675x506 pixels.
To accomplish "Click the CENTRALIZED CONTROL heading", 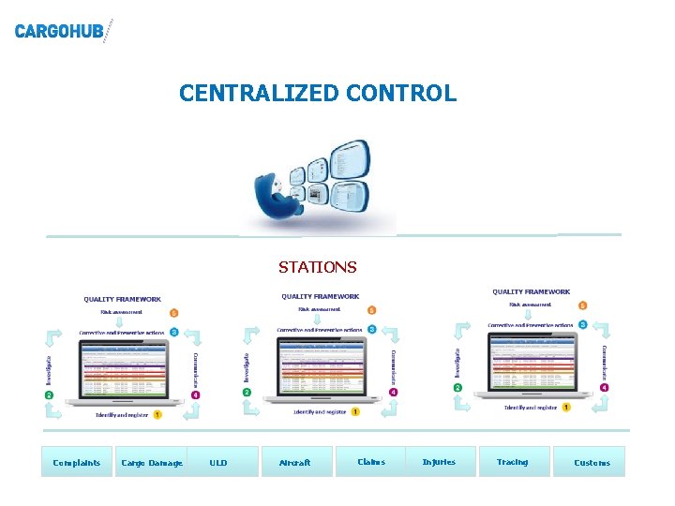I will pos(318,94).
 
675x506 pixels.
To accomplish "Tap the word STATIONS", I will pos(317,267).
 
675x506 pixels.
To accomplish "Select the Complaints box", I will pos(77,462).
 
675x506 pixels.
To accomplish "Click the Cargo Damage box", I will pos(152,462).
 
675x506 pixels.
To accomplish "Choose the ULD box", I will pos(218,462).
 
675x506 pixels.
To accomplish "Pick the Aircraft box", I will pos(294,462).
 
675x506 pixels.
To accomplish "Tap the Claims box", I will pos(371,461).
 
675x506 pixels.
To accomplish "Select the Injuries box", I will pos(439,461).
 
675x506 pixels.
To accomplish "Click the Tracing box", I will pos(512,461).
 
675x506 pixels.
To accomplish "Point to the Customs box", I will pos(592,462).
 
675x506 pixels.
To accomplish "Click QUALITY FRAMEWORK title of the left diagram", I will pos(122,300).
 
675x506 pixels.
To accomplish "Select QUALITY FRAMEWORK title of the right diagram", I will pos(531,292).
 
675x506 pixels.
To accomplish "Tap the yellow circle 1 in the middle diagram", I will pos(355,411).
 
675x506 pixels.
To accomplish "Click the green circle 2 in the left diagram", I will pos(49,395).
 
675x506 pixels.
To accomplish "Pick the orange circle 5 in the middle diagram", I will pos(372,309).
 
